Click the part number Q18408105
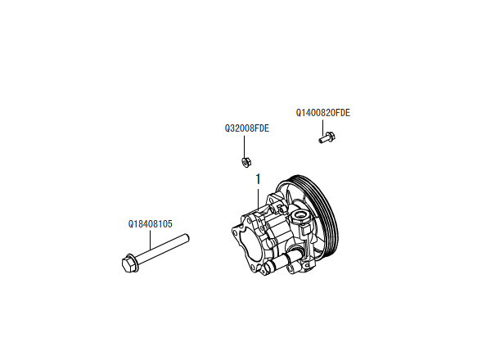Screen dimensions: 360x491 coord(150,223)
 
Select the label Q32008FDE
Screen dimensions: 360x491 coord(247,128)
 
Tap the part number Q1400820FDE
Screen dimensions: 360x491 coord(322,112)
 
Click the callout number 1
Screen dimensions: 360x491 coord(258,178)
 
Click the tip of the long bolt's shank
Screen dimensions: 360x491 coord(187,238)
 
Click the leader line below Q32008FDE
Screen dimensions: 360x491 coord(246,145)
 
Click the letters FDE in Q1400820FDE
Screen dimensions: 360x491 coord(342,112)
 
